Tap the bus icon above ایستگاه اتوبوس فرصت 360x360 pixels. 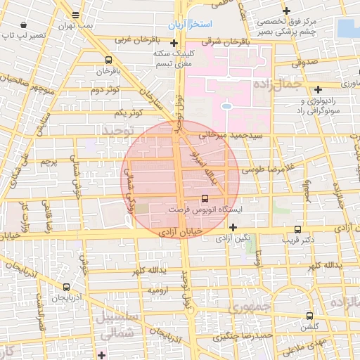click(x=205, y=198)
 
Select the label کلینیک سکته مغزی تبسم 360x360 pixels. click(x=172, y=59)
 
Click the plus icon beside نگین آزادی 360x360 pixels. click(x=233, y=226)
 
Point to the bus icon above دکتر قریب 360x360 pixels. click(x=297, y=229)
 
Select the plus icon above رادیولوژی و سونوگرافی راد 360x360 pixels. click(x=319, y=89)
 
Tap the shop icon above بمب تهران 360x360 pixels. click(x=75, y=15)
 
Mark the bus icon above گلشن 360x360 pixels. click(x=309, y=316)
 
